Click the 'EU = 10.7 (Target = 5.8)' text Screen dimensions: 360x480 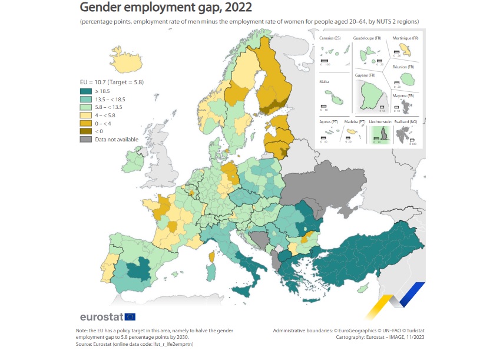coord(112,82)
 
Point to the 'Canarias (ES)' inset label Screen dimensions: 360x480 coord(330,38)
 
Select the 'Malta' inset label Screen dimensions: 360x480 coord(323,82)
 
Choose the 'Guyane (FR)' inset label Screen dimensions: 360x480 coord(366,75)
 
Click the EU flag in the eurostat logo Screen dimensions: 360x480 coord(130,317)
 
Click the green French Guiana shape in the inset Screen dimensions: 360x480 coord(370,94)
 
